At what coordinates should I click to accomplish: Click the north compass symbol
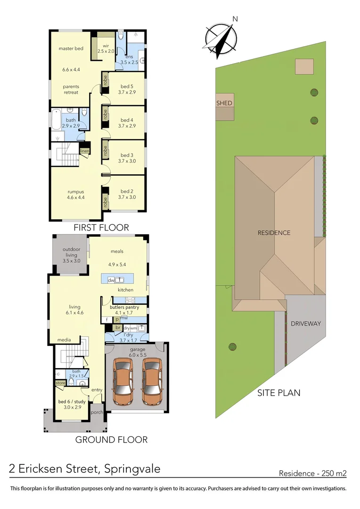click(x=220, y=36)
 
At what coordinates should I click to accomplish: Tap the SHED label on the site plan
click(x=224, y=103)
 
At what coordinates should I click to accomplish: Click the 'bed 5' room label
click(x=127, y=86)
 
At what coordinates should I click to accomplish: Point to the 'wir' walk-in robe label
click(x=106, y=46)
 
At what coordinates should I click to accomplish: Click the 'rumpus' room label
click(x=75, y=192)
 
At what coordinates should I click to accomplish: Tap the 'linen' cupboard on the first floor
click(x=84, y=151)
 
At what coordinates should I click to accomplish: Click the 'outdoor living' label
click(x=71, y=252)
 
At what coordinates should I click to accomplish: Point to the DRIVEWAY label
click(x=305, y=324)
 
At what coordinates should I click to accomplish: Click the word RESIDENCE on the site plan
click(x=274, y=233)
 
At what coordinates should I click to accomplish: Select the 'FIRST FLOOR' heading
click(x=101, y=228)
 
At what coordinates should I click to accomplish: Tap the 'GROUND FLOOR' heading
click(x=111, y=440)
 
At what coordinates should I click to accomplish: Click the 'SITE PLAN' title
click(x=278, y=393)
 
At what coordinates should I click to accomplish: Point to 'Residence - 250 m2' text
click(x=312, y=473)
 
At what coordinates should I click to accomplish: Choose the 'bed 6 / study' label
click(x=71, y=402)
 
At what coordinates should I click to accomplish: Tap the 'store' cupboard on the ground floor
click(x=60, y=383)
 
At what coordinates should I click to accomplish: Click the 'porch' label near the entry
click(x=97, y=412)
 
